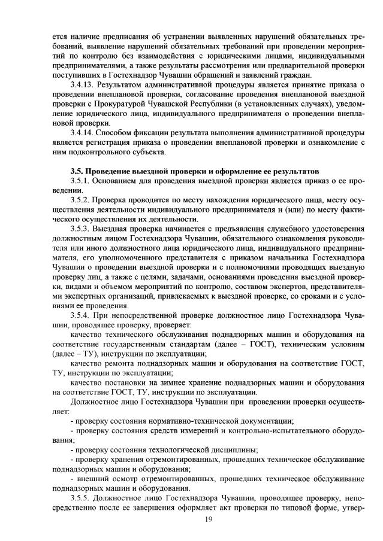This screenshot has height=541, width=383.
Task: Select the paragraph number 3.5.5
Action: [x=80, y=497]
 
